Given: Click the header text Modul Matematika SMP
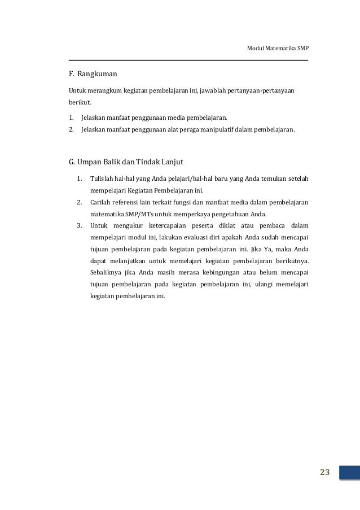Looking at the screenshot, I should (x=278, y=48).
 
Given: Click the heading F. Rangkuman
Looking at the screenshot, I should (x=93, y=73).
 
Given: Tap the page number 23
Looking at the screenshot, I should (x=324, y=473).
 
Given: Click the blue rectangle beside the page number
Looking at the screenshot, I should (x=349, y=473).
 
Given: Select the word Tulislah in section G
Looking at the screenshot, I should (x=102, y=180).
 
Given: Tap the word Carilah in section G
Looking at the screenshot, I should (x=101, y=202).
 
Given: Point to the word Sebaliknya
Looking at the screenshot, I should (x=108, y=272).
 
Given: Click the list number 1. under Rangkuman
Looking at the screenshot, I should (x=71, y=119).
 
